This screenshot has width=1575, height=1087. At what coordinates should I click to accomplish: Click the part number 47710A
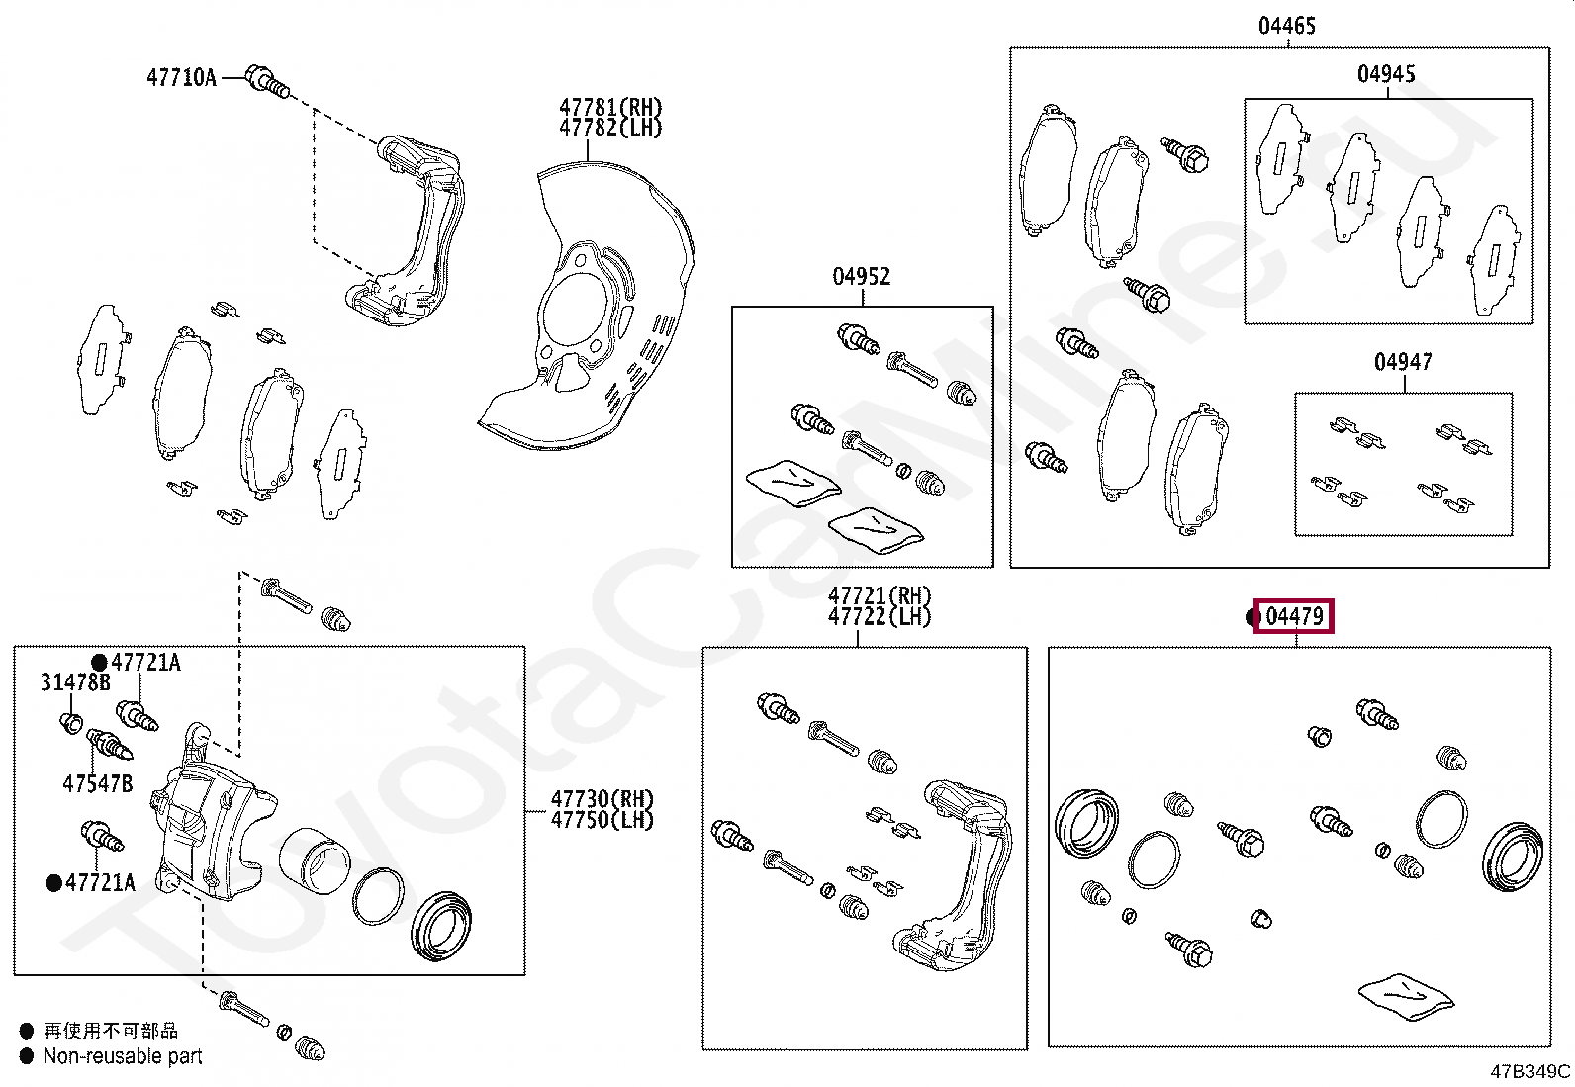pyautogui.click(x=181, y=77)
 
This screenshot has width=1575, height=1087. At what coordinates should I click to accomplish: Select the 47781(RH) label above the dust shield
pyautogui.click(x=609, y=107)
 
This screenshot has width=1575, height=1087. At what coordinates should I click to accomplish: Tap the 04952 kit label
pyautogui.click(x=861, y=276)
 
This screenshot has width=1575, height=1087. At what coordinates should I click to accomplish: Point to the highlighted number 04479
pyautogui.click(x=1294, y=616)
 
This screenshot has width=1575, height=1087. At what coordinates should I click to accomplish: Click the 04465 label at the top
pyautogui.click(x=1286, y=26)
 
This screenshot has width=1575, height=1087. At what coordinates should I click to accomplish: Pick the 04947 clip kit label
pyautogui.click(x=1402, y=362)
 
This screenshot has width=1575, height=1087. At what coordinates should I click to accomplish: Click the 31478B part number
pyautogui.click(x=75, y=682)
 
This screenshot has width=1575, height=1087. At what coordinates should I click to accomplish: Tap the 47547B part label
pyautogui.click(x=97, y=784)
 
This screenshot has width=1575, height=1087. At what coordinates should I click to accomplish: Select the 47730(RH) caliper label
pyautogui.click(x=602, y=798)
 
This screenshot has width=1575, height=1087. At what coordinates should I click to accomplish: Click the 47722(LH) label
pyautogui.click(x=879, y=617)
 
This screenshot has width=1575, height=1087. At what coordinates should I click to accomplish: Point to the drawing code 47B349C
pyautogui.click(x=1529, y=1071)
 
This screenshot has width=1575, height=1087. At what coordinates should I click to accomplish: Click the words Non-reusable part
pyautogui.click(x=123, y=1056)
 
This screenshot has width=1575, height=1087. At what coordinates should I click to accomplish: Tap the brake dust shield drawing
pyautogui.click(x=594, y=317)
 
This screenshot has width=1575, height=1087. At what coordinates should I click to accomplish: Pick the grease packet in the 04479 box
pyautogui.click(x=1406, y=997)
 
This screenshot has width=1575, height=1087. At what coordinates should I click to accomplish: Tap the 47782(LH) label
pyautogui.click(x=609, y=128)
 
